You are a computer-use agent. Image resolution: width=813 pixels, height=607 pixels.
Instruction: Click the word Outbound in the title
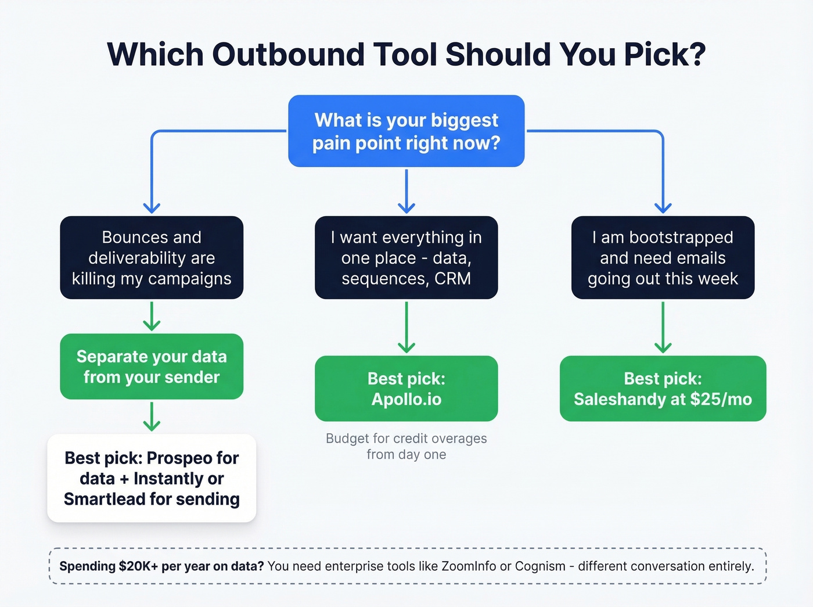[x=287, y=55]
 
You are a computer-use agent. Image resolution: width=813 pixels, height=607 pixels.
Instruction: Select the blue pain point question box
[x=406, y=131]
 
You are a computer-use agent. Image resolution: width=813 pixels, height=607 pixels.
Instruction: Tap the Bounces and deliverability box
[x=152, y=257]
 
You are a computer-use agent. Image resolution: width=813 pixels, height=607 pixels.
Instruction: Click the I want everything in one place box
[x=406, y=257]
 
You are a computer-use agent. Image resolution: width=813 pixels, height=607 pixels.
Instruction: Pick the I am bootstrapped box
[x=663, y=257]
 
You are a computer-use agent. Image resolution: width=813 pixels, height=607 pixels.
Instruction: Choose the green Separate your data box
[x=152, y=367]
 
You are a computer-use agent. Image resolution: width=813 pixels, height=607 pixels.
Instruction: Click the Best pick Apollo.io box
[x=406, y=389]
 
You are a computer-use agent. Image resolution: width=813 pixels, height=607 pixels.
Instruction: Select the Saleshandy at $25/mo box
[x=663, y=389]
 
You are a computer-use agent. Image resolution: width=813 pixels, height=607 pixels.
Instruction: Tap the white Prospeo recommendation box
[x=152, y=478]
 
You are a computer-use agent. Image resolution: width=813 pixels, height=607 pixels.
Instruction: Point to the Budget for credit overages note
[x=406, y=446]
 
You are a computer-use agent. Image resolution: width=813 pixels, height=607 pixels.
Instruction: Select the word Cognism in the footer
[x=540, y=566]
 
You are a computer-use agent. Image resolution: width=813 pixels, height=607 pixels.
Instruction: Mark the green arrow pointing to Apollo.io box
[x=406, y=328]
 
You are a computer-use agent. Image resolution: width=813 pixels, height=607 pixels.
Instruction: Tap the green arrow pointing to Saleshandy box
[x=663, y=328]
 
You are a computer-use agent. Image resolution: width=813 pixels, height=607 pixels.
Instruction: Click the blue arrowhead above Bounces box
[x=152, y=207]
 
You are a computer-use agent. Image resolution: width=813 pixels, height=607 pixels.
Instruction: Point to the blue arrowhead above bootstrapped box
[x=663, y=207]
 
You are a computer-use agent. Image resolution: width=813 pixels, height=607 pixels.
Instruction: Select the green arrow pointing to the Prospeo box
[x=152, y=417]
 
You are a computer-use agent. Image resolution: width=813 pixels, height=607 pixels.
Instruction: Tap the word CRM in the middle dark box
[x=452, y=279]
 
